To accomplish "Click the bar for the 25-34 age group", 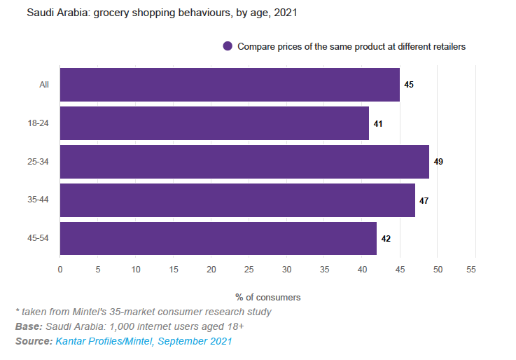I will click(x=244, y=162).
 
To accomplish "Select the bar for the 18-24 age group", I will click(x=214, y=123).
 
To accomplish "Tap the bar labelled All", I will click(x=230, y=85).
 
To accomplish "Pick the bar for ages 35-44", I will click(x=237, y=200).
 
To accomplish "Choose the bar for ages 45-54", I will click(x=218, y=238).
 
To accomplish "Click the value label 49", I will click(x=438, y=162).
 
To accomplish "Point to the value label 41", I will click(x=378, y=123).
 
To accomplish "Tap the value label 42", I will click(x=386, y=238).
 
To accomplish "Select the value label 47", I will click(x=424, y=200).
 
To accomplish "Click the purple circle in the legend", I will click(x=228, y=46).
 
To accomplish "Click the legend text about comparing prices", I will click(x=351, y=46).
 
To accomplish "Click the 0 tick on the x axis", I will click(x=60, y=270).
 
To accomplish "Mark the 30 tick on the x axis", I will click(x=287, y=270).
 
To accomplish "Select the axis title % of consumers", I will click(x=267, y=297).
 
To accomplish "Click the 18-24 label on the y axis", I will click(x=38, y=123).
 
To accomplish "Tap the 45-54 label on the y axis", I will click(x=38, y=238).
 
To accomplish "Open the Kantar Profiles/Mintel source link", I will click(x=144, y=341).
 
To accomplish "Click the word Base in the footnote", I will click(x=27, y=326).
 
